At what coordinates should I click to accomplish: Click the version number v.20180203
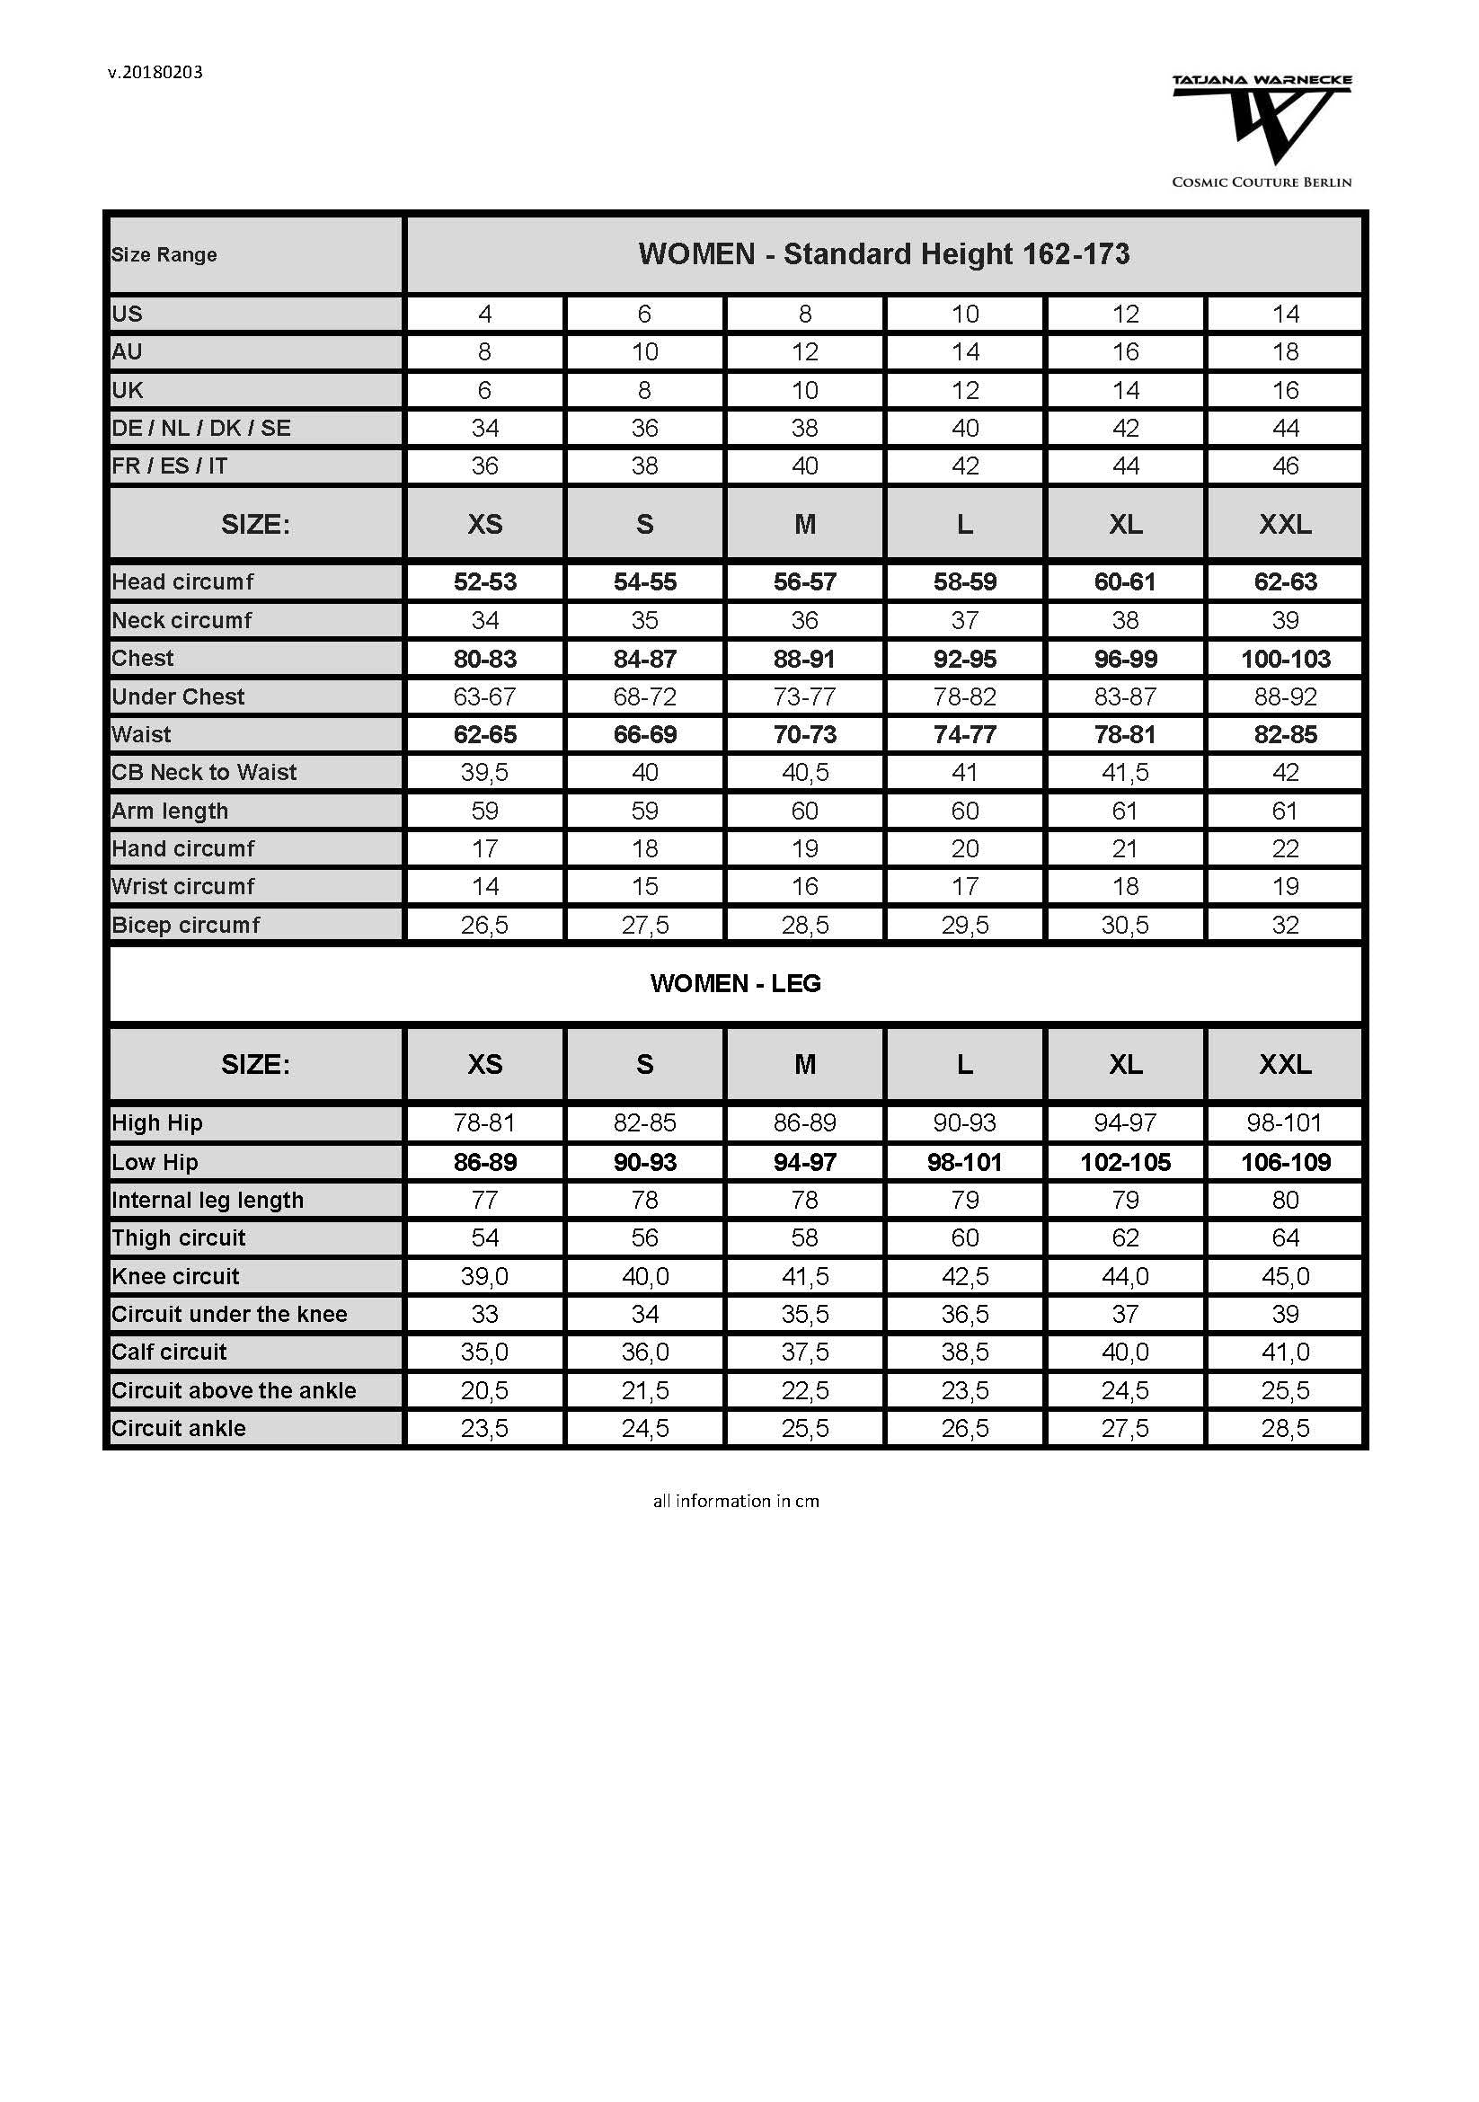pos(155,72)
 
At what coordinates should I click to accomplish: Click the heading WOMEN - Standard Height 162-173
pos(883,253)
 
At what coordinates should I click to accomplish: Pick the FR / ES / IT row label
pos(169,466)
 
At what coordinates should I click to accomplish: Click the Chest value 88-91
pos(804,659)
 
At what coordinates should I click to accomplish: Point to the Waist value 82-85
pos(1285,734)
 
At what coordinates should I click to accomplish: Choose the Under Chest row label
pos(179,696)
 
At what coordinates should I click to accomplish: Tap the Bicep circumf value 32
pos(1285,925)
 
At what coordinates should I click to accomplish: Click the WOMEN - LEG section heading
pos(735,983)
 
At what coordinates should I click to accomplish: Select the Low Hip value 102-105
pos(1125,1162)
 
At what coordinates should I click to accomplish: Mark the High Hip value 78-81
pos(484,1122)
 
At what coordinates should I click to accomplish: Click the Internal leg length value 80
pos(1285,1200)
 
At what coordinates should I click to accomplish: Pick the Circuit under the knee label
pos(230,1314)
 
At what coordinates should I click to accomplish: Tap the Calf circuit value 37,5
pos(804,1352)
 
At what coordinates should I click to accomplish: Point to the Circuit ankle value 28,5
pos(1285,1428)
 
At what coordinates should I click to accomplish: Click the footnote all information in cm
pos(735,1501)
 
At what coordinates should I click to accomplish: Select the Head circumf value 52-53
pos(484,582)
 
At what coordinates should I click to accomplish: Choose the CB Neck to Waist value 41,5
pos(1125,773)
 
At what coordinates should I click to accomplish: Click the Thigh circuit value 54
pos(484,1237)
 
